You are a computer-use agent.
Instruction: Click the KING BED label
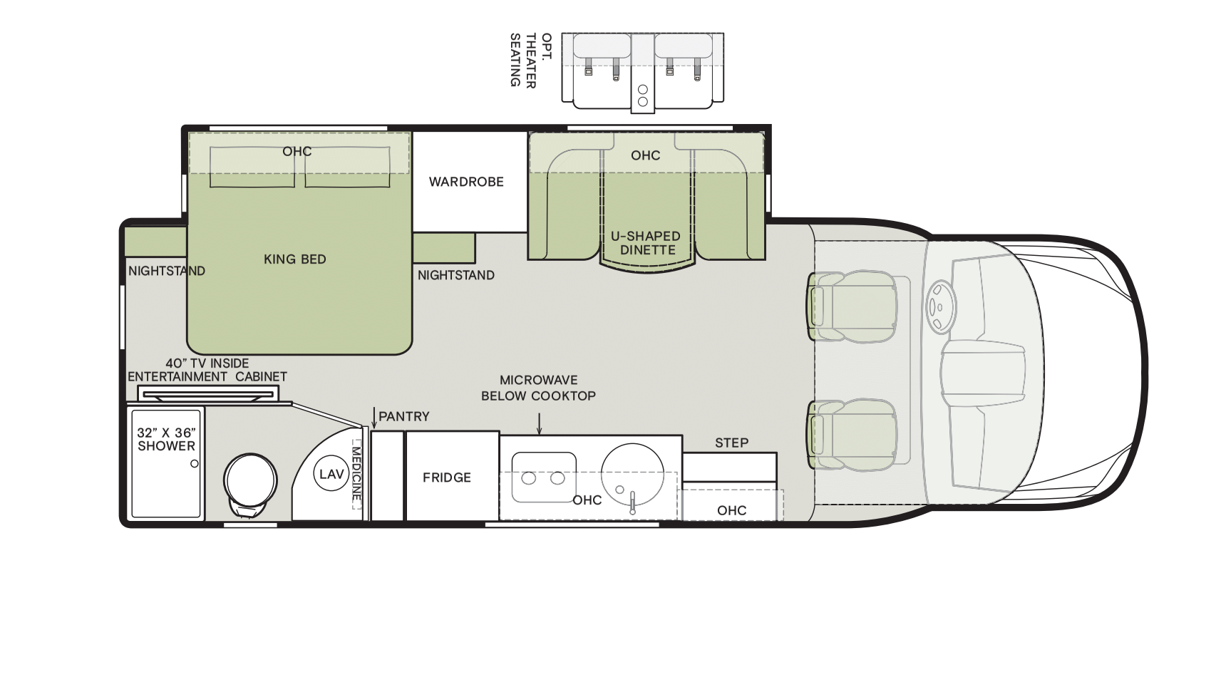(x=295, y=259)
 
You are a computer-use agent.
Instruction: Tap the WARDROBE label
(x=466, y=182)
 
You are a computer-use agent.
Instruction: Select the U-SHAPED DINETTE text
(x=646, y=243)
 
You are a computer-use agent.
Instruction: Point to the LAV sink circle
(x=331, y=474)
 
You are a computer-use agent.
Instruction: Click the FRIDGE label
(x=447, y=477)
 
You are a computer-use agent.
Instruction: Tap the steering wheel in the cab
(x=940, y=306)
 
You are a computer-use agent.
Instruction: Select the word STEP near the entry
(x=731, y=443)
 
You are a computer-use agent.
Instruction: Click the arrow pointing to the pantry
(x=374, y=418)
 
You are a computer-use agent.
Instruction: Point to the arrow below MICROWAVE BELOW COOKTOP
(x=539, y=424)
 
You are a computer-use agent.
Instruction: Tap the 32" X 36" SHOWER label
(x=166, y=439)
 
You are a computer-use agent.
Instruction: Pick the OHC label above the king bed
(x=297, y=152)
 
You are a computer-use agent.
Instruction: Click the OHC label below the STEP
(x=731, y=510)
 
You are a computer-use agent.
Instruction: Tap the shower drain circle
(x=195, y=464)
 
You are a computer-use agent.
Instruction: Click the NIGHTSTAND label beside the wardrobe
(x=456, y=276)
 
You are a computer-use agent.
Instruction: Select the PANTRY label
(x=404, y=417)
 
